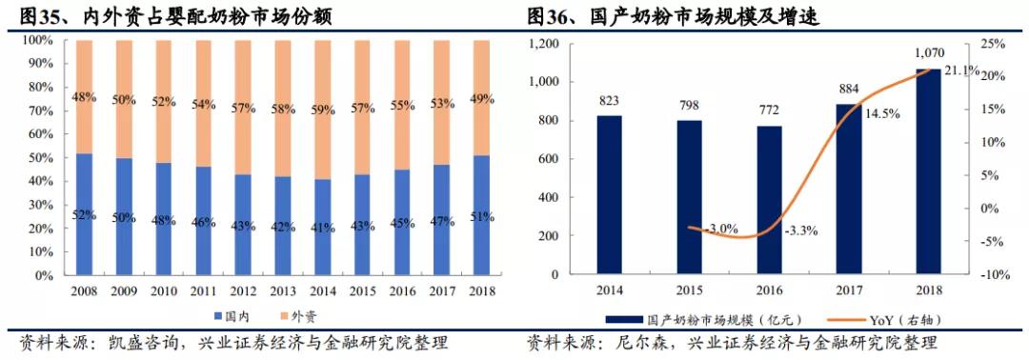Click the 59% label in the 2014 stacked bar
tap(323, 110)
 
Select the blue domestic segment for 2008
tap(83, 214)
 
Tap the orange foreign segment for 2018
tap(482, 95)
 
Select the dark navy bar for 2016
tap(770, 200)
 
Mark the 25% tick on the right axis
tap(992, 44)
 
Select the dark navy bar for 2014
tap(611, 195)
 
